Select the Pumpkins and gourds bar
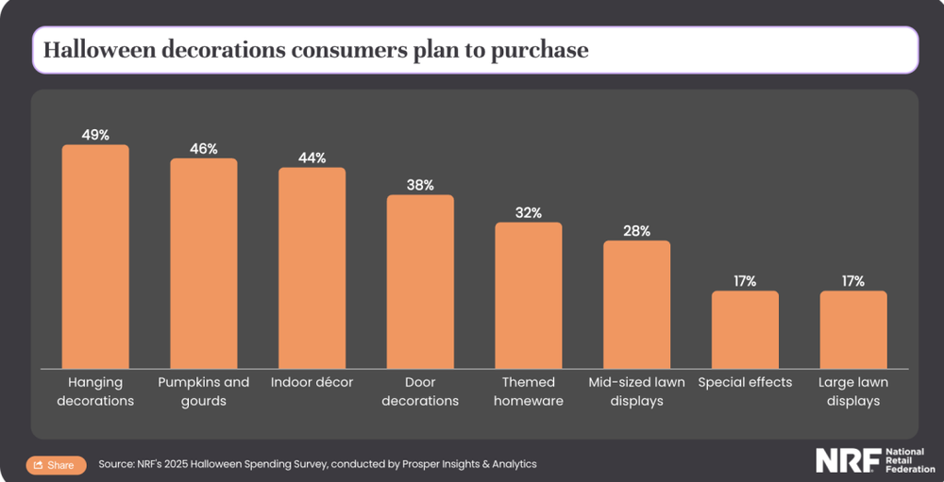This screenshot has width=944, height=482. (204, 263)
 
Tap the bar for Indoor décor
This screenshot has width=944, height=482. (312, 268)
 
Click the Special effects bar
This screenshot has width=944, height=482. (745, 329)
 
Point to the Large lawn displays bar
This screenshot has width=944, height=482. (853, 329)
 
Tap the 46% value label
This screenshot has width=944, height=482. (204, 148)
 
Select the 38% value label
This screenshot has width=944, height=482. (420, 185)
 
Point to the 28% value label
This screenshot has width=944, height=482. (637, 231)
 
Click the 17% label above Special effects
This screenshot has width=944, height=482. (745, 281)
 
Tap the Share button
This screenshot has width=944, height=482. (55, 465)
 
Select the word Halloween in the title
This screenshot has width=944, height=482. (99, 50)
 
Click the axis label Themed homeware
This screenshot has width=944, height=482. (529, 391)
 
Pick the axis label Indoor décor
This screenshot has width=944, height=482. (312, 382)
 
